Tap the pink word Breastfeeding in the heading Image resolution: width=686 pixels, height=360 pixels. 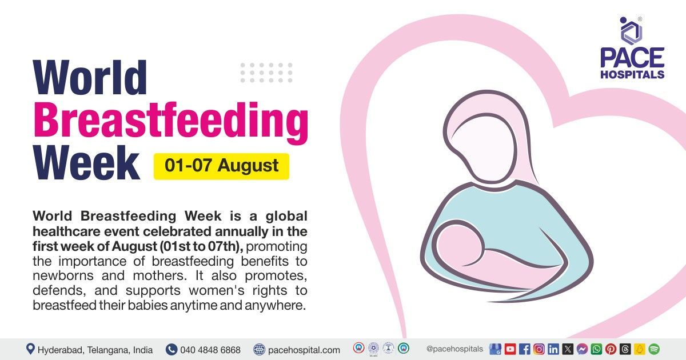coord(170,121)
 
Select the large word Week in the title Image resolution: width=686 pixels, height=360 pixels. coord(86,164)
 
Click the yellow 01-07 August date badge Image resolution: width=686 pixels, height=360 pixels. coord(221,166)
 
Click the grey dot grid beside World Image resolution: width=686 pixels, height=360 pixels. coord(266,73)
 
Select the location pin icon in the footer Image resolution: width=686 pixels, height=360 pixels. coord(30,349)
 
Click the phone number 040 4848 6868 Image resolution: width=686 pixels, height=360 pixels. coord(210,350)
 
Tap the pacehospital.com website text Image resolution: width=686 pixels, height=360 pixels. coord(304,350)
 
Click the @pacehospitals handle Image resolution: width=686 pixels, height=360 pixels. coord(454,349)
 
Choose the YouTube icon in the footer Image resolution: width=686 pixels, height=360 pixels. coord(510,349)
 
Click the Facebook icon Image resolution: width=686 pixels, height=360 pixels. coord(524,349)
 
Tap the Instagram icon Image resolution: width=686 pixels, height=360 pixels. coord(539,349)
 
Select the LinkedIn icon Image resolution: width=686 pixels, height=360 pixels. coord(553,349)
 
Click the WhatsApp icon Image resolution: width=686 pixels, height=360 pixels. coord(596,349)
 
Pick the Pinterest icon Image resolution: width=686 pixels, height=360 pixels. coord(611,349)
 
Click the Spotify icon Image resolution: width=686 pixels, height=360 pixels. coord(654,349)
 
